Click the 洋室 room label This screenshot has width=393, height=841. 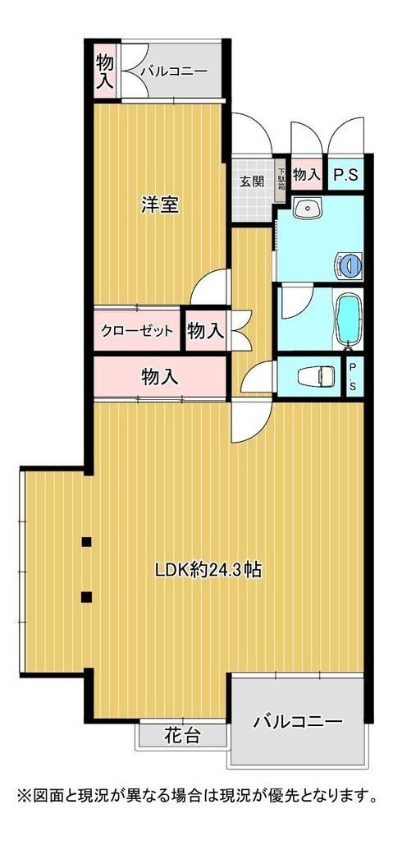[159, 205]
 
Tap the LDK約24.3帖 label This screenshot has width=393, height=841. [209, 569]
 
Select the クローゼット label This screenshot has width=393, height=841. [137, 332]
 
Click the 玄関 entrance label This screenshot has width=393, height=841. [251, 182]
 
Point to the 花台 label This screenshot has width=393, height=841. [182, 735]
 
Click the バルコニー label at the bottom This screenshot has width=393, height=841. [297, 722]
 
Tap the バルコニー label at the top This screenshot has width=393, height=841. [172, 71]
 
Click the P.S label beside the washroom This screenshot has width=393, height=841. [345, 174]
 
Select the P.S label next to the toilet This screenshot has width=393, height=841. [352, 377]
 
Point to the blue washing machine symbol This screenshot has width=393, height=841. [348, 264]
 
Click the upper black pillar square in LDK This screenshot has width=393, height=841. [86, 541]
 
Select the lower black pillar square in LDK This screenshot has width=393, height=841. [86, 596]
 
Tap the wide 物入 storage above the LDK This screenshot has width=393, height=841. [159, 377]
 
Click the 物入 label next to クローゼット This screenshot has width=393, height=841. [205, 332]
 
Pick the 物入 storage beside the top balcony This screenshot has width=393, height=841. [104, 70]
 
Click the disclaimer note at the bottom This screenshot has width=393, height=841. [196, 796]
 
